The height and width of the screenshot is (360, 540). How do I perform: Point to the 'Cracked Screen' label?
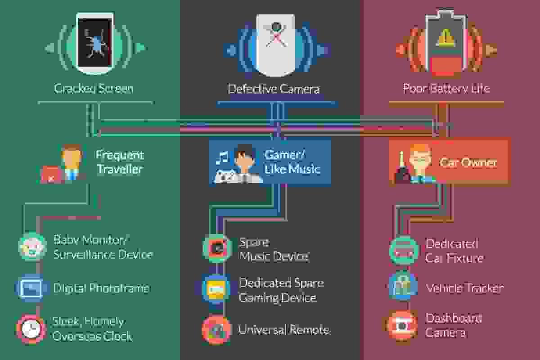94,88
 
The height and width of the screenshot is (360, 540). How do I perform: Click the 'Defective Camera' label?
274,89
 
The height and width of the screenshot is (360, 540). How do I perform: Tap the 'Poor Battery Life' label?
446,88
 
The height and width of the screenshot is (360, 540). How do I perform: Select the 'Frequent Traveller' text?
119,162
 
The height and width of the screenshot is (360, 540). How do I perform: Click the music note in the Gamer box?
222,157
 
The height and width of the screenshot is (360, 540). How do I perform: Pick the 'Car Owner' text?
468,162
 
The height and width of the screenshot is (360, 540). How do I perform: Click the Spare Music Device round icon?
217,248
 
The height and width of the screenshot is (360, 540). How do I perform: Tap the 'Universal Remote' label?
283,330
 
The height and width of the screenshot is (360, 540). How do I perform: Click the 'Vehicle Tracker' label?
464,288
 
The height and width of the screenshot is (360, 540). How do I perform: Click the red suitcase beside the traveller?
51,175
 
